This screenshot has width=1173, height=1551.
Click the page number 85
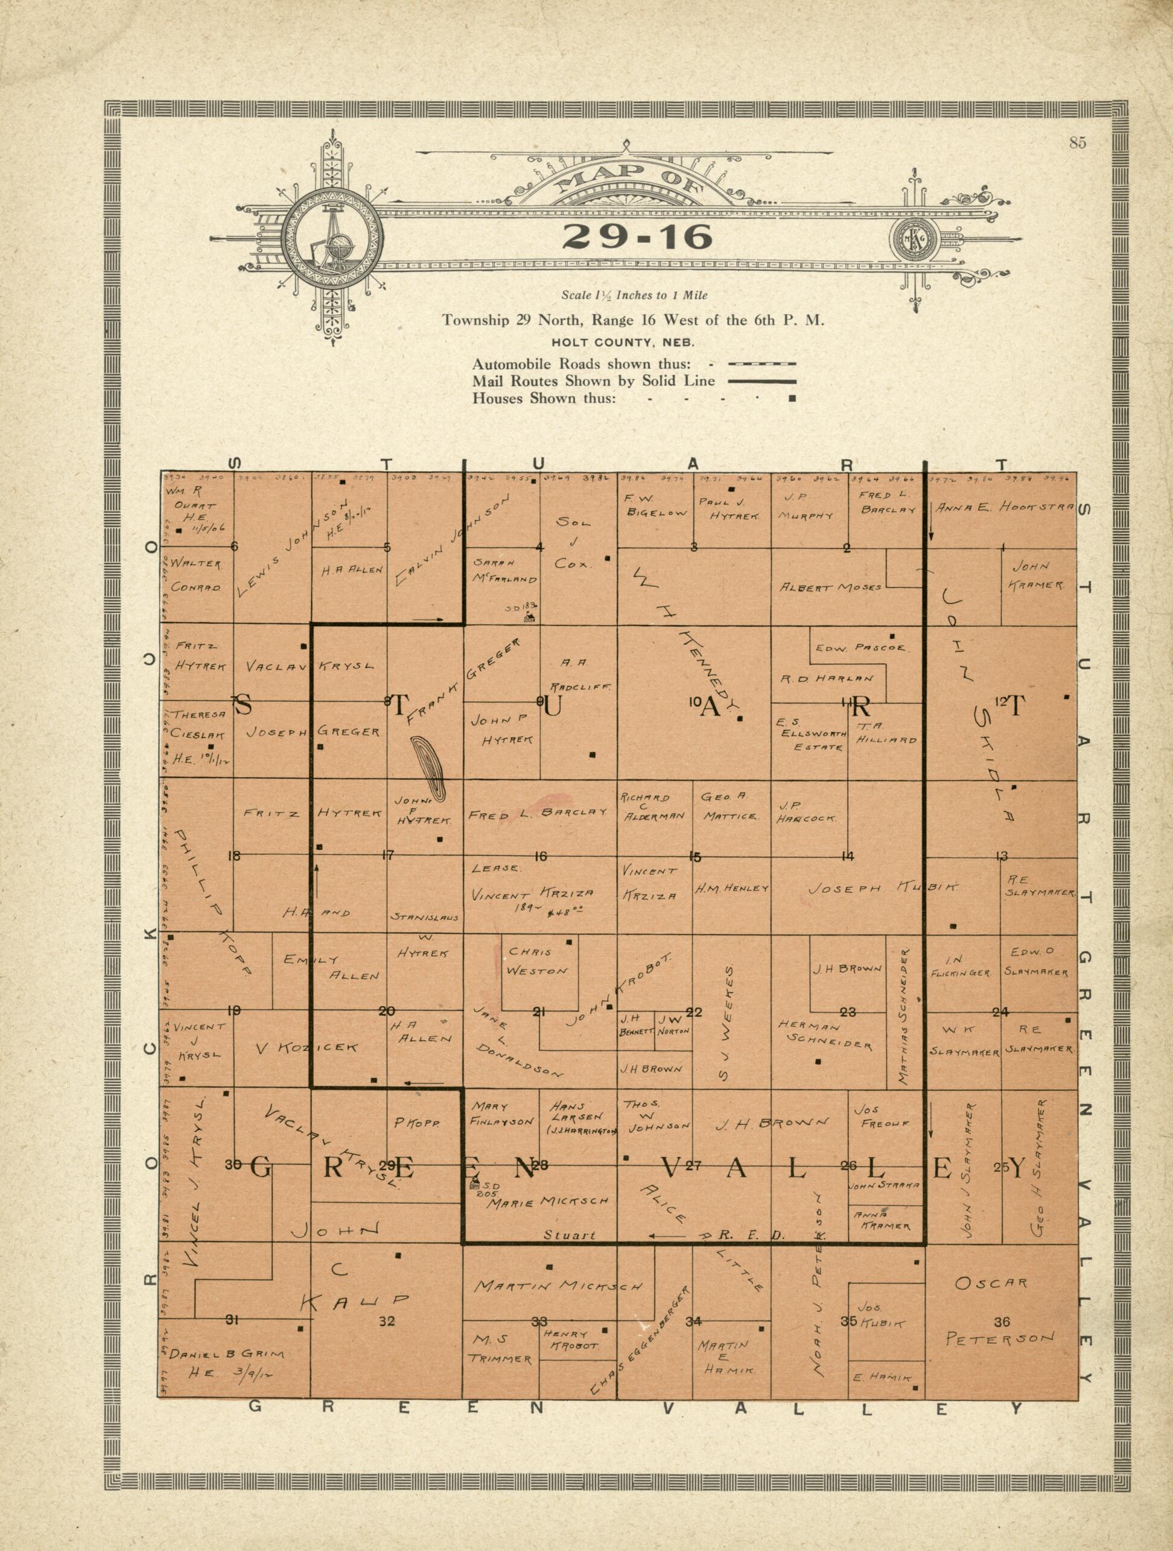(1078, 143)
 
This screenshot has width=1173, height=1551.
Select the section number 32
(387, 1322)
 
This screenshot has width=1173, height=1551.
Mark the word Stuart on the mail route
(570, 1235)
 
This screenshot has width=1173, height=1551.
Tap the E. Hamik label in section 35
(882, 1378)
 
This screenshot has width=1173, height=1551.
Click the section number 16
(541, 855)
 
